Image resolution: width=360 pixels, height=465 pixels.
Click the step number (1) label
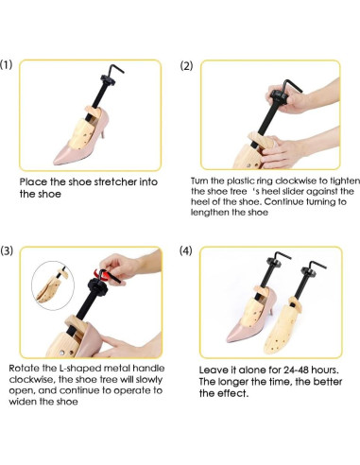[6, 64]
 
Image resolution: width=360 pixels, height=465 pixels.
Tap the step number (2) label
[186, 66]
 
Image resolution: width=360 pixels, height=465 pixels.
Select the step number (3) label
[7, 250]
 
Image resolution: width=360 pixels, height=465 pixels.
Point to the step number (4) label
[185, 250]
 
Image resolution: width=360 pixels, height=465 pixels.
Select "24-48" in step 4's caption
[296, 370]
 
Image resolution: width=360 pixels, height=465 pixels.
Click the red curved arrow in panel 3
[103, 275]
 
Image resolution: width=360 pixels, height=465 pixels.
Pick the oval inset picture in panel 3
[53, 285]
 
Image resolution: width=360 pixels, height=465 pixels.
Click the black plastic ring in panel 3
[97, 287]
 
